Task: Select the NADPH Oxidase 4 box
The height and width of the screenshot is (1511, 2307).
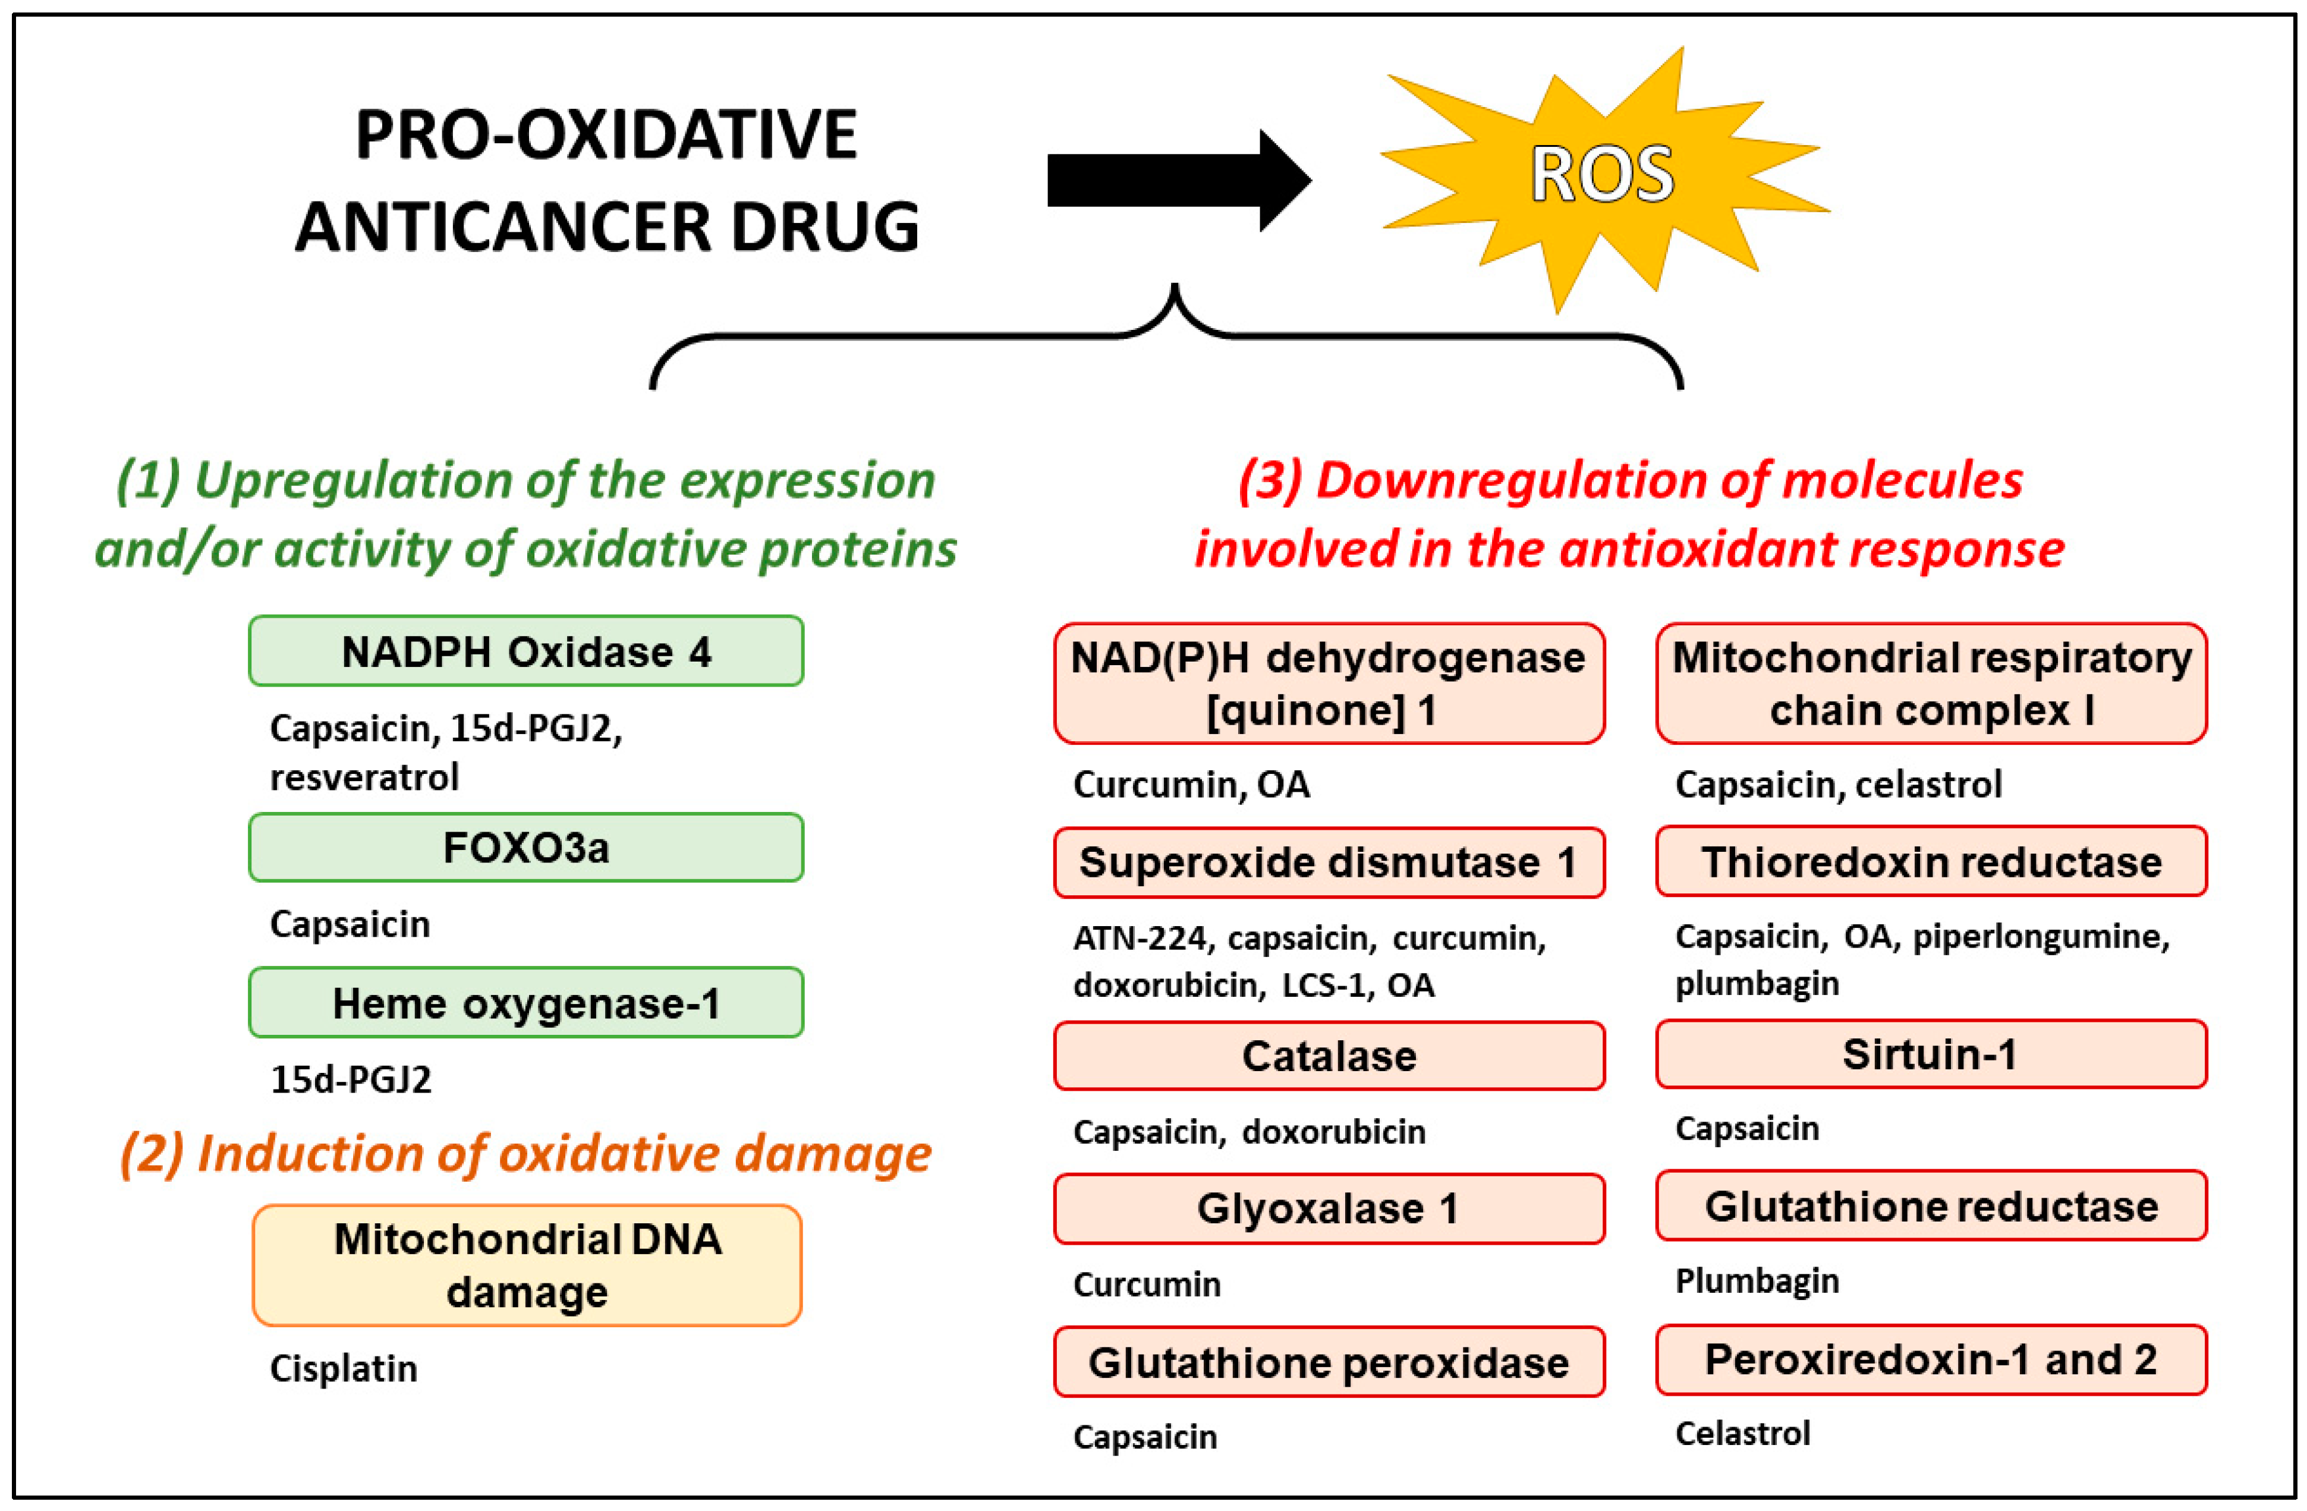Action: click(525, 651)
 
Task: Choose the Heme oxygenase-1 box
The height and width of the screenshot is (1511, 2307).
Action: click(525, 1003)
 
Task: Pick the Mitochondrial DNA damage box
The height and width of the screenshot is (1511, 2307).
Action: click(526, 1265)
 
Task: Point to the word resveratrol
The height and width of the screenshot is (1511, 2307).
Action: click(364, 777)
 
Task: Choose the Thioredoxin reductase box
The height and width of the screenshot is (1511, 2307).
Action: click(1931, 862)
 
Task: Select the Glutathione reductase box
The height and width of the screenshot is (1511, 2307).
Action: click(1931, 1205)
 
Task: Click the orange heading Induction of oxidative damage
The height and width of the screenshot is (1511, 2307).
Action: click(525, 1153)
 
